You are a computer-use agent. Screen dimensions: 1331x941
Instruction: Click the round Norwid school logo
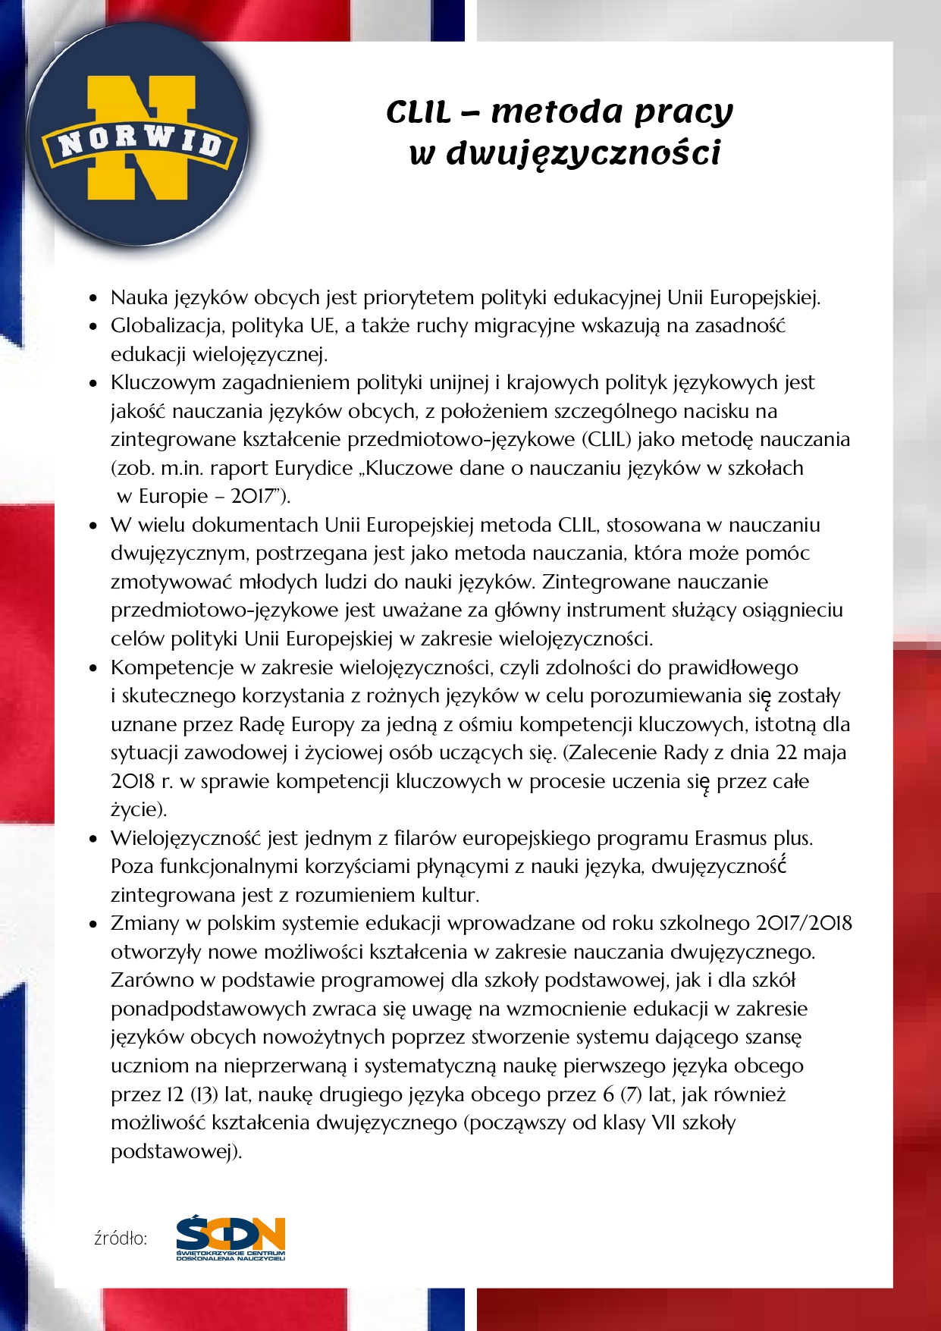click(x=140, y=137)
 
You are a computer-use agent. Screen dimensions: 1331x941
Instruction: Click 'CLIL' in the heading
click(x=419, y=112)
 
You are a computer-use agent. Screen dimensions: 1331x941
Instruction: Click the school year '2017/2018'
click(x=805, y=923)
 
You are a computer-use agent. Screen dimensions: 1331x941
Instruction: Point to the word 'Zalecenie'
click(x=610, y=752)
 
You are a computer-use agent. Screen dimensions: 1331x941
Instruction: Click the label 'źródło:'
click(x=121, y=1238)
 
